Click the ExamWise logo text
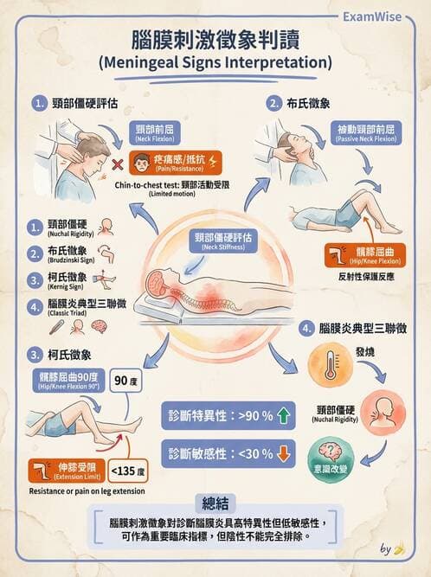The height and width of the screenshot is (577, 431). coord(372,16)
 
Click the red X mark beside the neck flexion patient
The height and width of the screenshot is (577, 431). coord(118,164)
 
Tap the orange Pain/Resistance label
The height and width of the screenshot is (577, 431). coord(175,163)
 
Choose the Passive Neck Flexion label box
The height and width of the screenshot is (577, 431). coord(366,133)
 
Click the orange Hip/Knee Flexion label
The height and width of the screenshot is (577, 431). coord(365,255)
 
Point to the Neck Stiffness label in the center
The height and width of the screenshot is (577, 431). coord(223,241)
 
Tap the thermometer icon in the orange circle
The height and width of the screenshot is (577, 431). coord(330,365)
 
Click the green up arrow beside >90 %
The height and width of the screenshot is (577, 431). coord(283,415)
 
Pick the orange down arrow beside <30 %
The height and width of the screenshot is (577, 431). coord(283,453)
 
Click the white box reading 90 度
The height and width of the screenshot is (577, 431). coord(125,380)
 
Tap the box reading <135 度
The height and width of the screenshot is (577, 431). coord(128,471)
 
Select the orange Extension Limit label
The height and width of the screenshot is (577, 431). coord(67,471)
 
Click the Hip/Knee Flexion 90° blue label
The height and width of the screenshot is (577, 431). coord(68,381)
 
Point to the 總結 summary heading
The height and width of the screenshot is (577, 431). coord(215,503)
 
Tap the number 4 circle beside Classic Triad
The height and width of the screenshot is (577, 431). coord(35,307)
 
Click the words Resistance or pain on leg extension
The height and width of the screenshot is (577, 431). coord(87,491)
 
